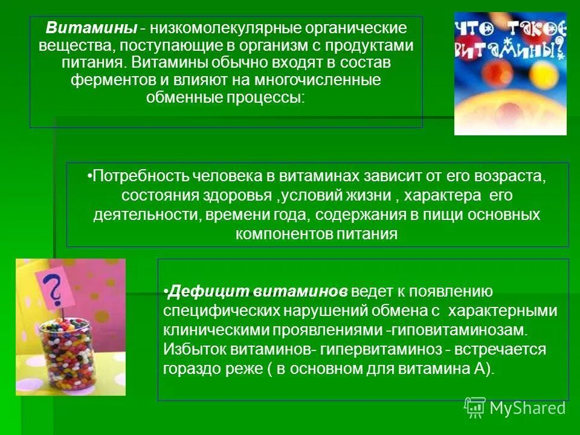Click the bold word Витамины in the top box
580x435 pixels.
[x=88, y=28]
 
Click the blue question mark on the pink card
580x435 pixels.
[x=55, y=289]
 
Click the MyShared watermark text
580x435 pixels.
[x=527, y=408]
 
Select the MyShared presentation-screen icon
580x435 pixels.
[x=475, y=407]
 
